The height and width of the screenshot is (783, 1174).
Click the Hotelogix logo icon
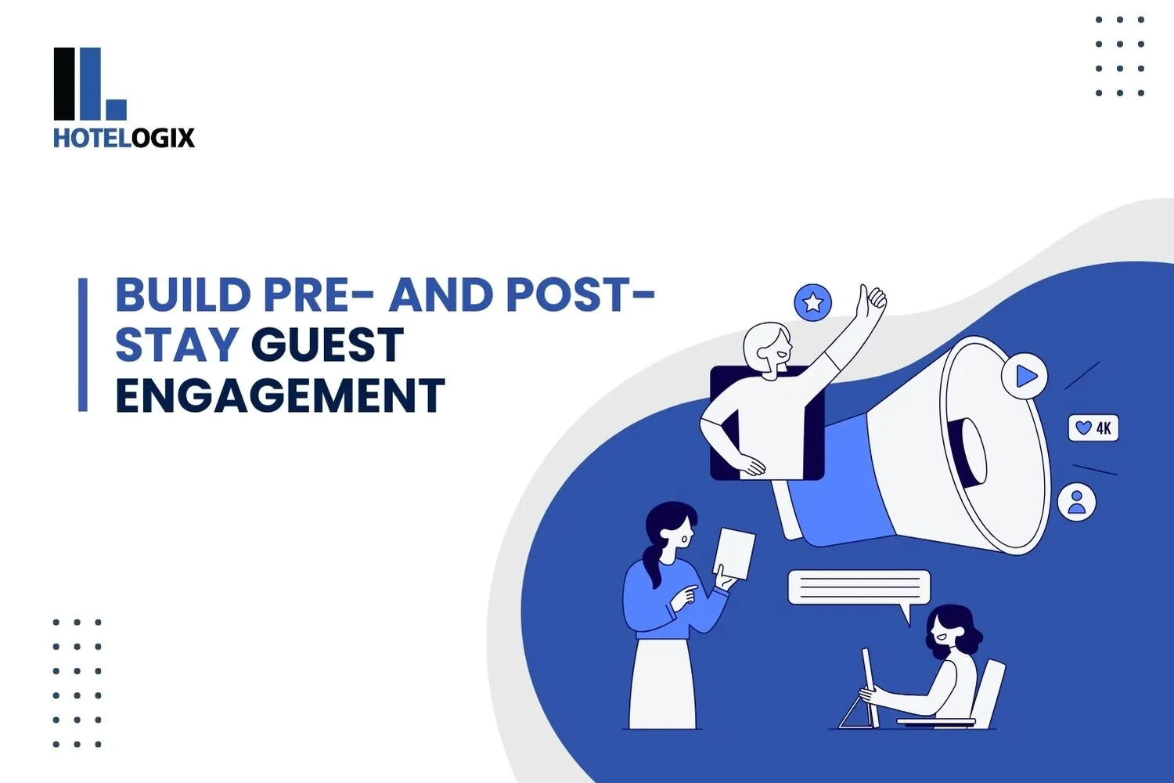click(89, 84)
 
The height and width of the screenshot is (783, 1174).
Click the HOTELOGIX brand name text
click(124, 139)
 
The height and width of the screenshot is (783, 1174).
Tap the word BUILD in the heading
click(182, 295)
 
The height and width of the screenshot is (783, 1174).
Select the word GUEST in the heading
click(327, 345)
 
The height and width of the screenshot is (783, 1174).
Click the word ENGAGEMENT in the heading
click(280, 395)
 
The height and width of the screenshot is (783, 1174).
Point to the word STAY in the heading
click(177, 345)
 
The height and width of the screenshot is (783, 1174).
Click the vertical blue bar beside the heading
click(83, 345)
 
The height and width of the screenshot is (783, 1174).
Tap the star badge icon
click(812, 302)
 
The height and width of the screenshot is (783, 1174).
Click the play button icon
click(1025, 377)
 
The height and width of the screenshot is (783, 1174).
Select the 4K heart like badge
click(1093, 428)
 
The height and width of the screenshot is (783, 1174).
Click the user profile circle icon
click(1077, 502)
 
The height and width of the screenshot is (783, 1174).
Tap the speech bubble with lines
click(859, 587)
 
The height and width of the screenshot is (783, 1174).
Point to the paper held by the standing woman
click(735, 553)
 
